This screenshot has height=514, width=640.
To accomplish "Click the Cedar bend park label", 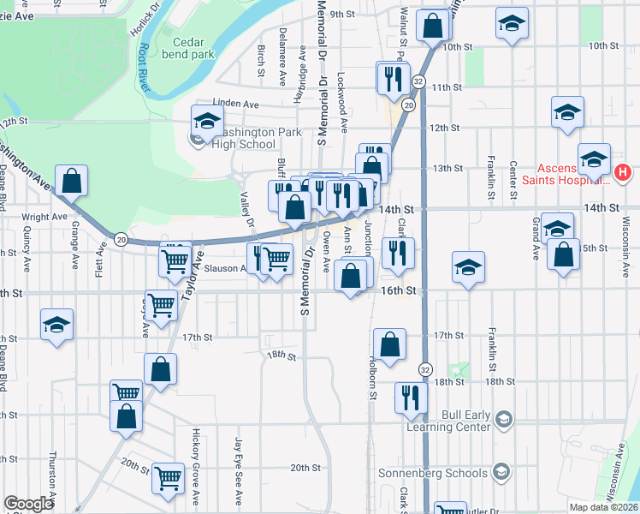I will (x=193, y=47).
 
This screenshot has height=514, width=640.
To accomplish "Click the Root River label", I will (x=145, y=69).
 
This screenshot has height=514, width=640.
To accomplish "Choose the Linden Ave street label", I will (x=235, y=104).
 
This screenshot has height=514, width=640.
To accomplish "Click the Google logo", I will (x=28, y=504).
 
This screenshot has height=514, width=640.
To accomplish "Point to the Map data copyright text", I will (x=603, y=507).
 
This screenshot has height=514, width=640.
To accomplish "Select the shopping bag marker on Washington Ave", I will (x=72, y=181).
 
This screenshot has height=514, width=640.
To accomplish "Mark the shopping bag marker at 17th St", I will (x=389, y=344).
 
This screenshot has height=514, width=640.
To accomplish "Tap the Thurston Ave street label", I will (x=52, y=480).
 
